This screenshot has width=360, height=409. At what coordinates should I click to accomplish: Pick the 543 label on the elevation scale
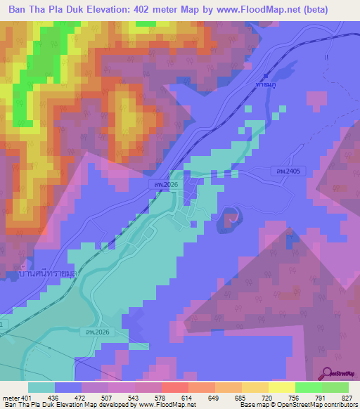pos(134,397)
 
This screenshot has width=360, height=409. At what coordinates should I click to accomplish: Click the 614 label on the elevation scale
pos(188,397)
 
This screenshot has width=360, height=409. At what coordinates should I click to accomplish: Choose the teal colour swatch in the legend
pos(41,387)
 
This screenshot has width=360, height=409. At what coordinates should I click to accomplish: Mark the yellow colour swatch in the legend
pos(282,387)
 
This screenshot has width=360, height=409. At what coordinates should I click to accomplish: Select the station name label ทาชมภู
pos(266,84)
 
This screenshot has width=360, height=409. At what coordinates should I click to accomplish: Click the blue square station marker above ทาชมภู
pos(266,75)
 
